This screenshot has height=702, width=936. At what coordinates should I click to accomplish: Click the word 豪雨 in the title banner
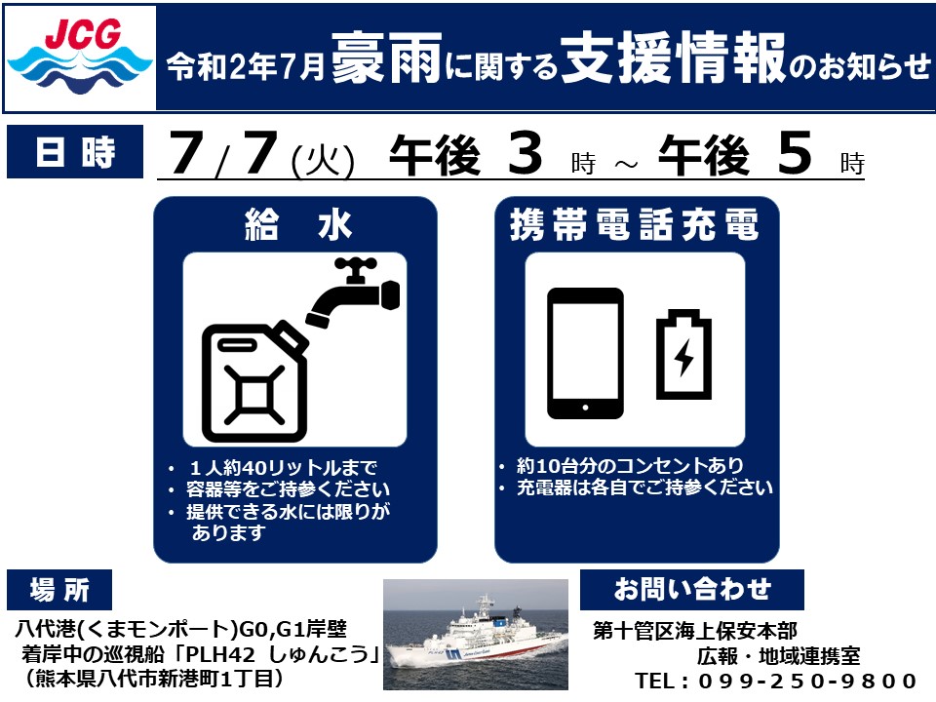pyautogui.click(x=386, y=58)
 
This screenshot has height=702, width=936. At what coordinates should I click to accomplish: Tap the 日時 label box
pyautogui.click(x=75, y=152)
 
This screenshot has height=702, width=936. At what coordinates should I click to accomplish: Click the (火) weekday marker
pyautogui.click(x=323, y=161)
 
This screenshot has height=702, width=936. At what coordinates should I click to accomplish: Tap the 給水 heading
pyautogui.click(x=298, y=225)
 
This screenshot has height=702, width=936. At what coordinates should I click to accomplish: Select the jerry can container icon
pyautogui.click(x=254, y=381)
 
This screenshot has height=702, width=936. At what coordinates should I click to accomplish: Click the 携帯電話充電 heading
pyautogui.click(x=634, y=225)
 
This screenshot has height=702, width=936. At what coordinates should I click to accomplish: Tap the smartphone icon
pyautogui.click(x=585, y=353)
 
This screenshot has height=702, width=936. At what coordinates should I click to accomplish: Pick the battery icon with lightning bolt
pyautogui.click(x=683, y=354)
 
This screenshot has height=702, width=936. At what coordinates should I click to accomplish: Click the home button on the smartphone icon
pyautogui.click(x=585, y=408)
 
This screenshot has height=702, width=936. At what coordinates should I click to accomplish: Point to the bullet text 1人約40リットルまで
pyautogui.click(x=283, y=467)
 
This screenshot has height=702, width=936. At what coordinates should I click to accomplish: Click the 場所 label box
pyautogui.click(x=59, y=590)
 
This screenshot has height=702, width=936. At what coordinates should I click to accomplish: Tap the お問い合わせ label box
pyautogui.click(x=692, y=590)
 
